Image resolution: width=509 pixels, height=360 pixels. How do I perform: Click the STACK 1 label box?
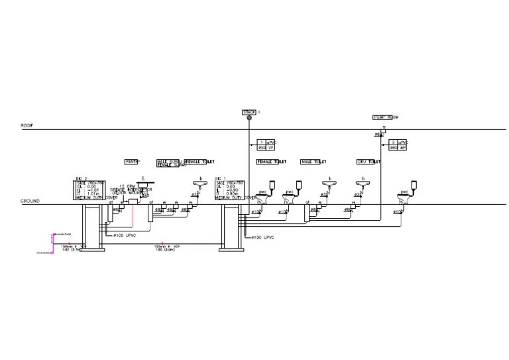point(249,112)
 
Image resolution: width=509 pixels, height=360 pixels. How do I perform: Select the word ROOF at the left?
point(27,125)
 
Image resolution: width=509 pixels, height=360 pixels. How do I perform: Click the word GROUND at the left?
point(30,200)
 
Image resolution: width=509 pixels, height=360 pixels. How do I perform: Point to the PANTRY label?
point(133,161)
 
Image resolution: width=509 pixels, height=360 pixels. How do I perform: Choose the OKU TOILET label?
point(368,161)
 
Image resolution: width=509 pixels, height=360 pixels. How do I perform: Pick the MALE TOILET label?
point(314,161)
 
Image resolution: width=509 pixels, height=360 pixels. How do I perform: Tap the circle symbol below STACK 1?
point(250,119)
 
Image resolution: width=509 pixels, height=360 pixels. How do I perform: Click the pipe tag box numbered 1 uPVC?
point(266,145)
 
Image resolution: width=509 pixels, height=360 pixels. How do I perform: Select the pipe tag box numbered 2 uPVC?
point(397,145)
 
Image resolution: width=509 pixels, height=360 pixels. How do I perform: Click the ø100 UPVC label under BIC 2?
point(124,235)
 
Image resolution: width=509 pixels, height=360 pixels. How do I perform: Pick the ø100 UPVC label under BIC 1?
point(262,236)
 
